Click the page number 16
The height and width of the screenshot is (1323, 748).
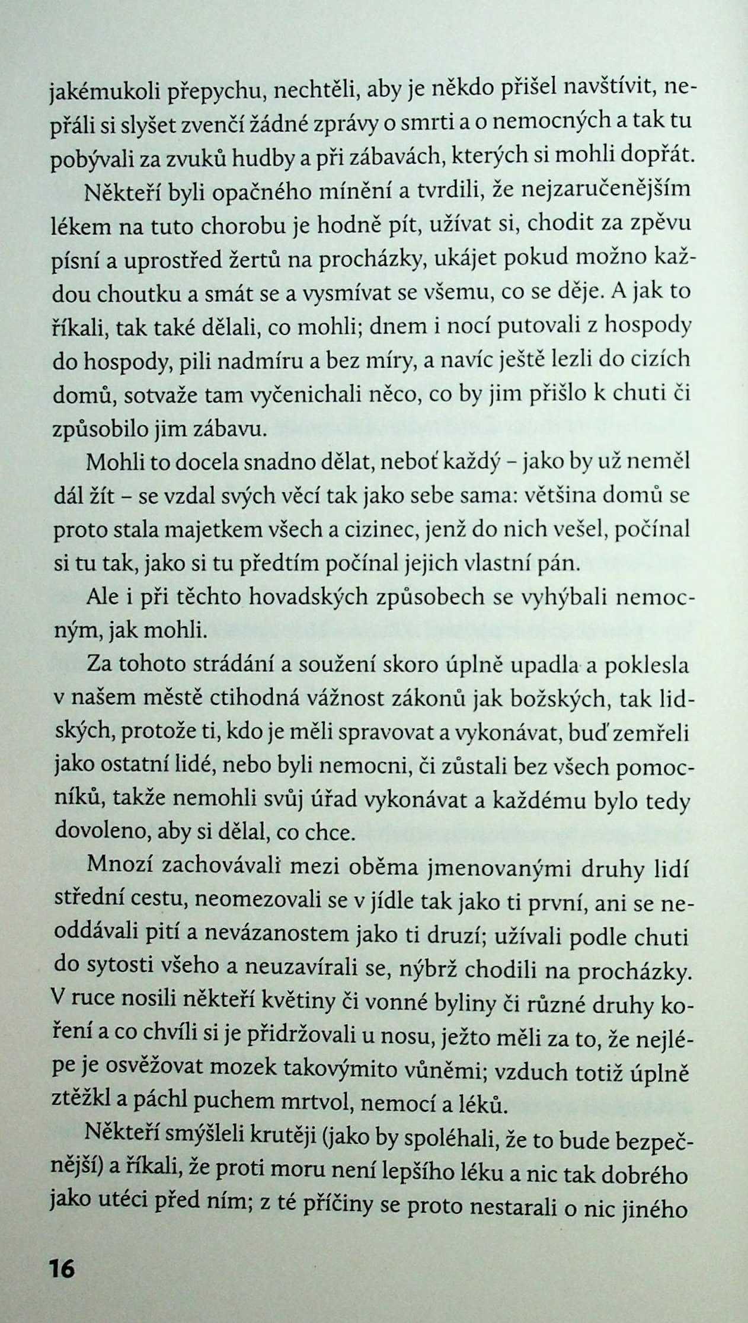click(x=61, y=1268)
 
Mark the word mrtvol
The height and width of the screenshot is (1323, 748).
click(x=313, y=1103)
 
